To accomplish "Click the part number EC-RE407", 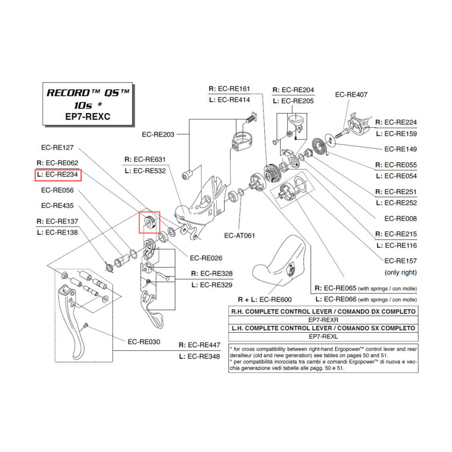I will click(351, 95).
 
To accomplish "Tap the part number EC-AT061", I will click(239, 235).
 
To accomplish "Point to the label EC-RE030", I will click(144, 342).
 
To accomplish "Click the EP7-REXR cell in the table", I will click(323, 320).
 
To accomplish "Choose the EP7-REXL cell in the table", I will click(323, 337).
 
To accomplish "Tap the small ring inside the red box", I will click(149, 222).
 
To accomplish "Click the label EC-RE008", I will click(400, 219).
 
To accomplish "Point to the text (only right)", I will click(400, 273).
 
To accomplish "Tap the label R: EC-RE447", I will click(199, 345).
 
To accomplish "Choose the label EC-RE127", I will click(60, 147).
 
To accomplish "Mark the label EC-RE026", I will click(206, 259).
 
